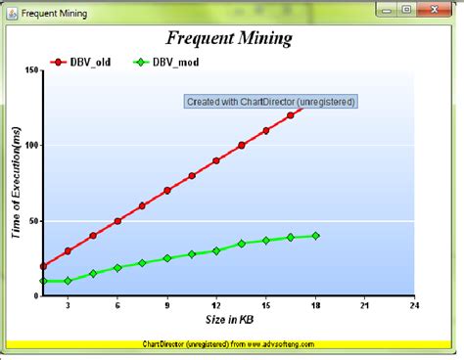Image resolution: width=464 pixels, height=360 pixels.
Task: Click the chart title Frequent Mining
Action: pos(231,40)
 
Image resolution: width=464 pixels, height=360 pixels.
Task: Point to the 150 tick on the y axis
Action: pos(30,70)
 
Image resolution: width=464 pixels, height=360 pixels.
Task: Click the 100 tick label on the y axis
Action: pos(30,146)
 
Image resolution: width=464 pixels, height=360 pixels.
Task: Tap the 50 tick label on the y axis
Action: pos(33,221)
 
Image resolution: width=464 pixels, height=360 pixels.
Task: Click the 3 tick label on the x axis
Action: pos(68,305)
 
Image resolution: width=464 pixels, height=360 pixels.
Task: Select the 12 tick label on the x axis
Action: pos(216,305)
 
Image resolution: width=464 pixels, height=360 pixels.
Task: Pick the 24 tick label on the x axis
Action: pos(414,305)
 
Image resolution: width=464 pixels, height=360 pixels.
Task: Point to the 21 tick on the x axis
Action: pos(364,305)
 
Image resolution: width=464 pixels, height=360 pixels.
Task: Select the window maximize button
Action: pos(406,12)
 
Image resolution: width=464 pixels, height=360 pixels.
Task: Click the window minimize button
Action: pos(384,12)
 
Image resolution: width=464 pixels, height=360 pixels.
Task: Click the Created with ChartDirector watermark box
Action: pos(270,101)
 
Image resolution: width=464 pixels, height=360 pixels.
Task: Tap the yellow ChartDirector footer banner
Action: pos(231,343)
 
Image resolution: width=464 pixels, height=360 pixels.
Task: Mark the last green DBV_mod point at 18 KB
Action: pos(315,236)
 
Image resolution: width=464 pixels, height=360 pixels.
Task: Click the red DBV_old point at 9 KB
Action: pos(167,191)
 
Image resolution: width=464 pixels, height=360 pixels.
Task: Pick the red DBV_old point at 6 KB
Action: pos(117,221)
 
